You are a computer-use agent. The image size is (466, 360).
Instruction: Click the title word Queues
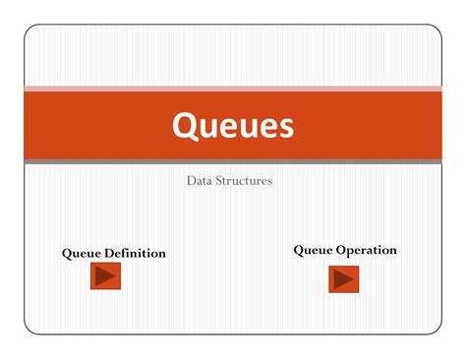click(x=233, y=125)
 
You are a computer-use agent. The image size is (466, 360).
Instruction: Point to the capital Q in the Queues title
click(x=185, y=125)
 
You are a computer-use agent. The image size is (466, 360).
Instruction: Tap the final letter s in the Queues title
click(x=285, y=127)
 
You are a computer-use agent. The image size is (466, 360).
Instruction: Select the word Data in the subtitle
click(x=199, y=181)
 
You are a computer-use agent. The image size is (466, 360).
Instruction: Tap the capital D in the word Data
click(x=191, y=181)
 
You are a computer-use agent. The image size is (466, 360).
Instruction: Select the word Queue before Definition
click(x=83, y=254)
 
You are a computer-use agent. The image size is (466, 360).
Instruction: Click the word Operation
click(x=367, y=250)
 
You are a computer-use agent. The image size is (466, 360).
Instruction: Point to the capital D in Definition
click(x=111, y=254)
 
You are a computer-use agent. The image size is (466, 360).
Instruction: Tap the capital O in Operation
click(x=342, y=250)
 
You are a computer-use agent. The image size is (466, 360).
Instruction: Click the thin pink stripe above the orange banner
click(x=233, y=89)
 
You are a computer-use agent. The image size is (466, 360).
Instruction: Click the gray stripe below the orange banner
click(x=233, y=161)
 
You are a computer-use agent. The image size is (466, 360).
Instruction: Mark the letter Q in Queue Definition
click(x=67, y=254)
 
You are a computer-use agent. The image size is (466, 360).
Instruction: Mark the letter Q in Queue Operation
click(x=299, y=250)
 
